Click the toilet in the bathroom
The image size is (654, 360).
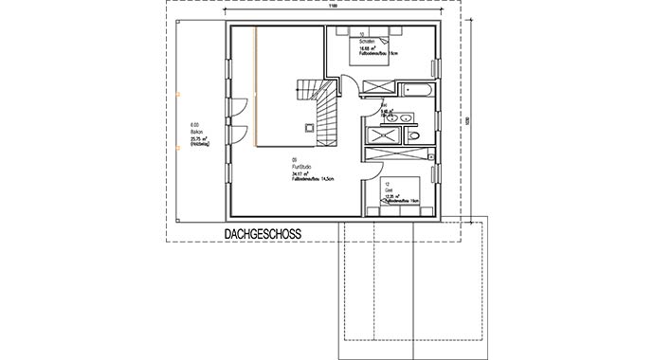[x=413, y=137]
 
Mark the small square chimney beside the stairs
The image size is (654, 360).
[x=308, y=126]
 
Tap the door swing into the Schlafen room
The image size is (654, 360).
[x=349, y=85]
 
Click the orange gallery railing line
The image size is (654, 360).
[x=255, y=85]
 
